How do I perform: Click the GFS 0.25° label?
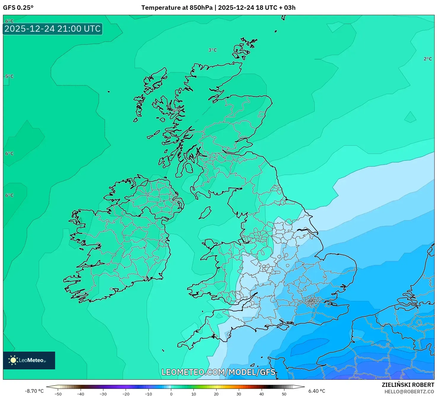18,8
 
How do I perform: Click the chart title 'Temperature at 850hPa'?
177,8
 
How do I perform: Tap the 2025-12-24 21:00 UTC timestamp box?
53,29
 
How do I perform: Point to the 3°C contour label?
212,50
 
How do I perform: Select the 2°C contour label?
428,59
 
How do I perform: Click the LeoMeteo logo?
29,360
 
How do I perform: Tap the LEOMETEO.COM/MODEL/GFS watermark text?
218,372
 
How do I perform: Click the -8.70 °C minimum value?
34,391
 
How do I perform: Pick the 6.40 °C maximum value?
317,391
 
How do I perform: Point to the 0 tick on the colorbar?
171,394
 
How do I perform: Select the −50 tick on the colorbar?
58,394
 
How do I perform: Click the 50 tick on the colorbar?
284,394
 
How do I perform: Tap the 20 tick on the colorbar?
216,394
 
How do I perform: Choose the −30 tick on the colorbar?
103,394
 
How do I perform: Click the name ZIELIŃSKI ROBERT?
408,385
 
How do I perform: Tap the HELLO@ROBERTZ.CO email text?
409,392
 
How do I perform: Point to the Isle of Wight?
283,326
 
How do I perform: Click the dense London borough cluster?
312,302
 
